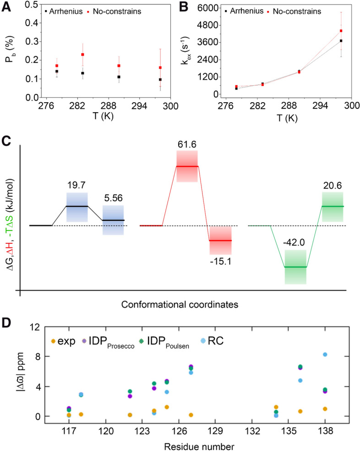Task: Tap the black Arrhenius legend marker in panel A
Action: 47,10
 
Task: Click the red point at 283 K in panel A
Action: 82,55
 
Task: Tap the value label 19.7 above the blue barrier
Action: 76,185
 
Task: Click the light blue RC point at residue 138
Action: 325,354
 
